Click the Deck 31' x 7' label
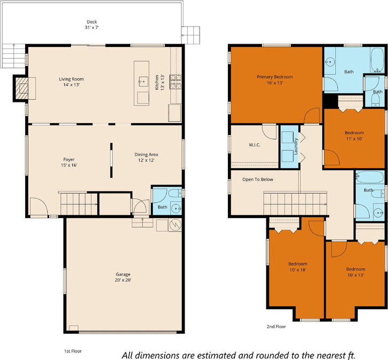[92, 25]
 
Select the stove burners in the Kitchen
[176, 82]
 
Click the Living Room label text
[72, 79]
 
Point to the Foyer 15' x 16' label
[69, 162]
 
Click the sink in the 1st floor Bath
[177, 209]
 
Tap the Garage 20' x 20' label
[123, 277]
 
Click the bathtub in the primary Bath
[377, 60]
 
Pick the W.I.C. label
[255, 145]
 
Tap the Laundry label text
[296, 146]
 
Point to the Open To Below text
[258, 180]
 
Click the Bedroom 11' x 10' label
[354, 136]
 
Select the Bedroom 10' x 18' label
[298, 267]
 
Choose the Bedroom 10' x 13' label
[355, 272]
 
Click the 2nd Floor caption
[276, 326]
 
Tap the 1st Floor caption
[73, 351]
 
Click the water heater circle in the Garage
[175, 225]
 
